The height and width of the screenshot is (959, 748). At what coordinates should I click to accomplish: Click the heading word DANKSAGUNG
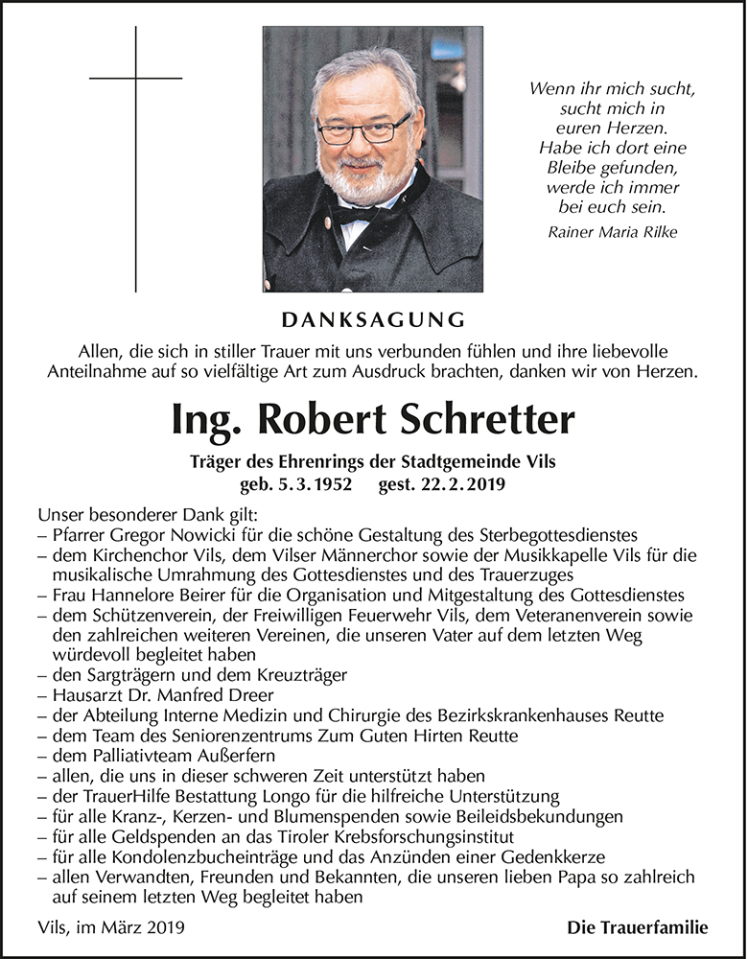[374, 318]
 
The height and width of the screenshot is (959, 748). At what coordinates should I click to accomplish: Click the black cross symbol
[135, 78]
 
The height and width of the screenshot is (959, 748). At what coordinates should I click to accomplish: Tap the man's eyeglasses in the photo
[364, 129]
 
